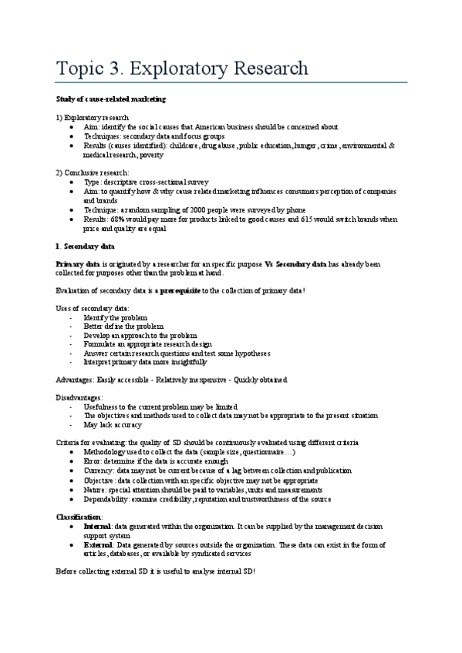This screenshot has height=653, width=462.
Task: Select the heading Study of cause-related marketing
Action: point(111,99)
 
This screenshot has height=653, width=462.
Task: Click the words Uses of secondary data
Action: point(93,308)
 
